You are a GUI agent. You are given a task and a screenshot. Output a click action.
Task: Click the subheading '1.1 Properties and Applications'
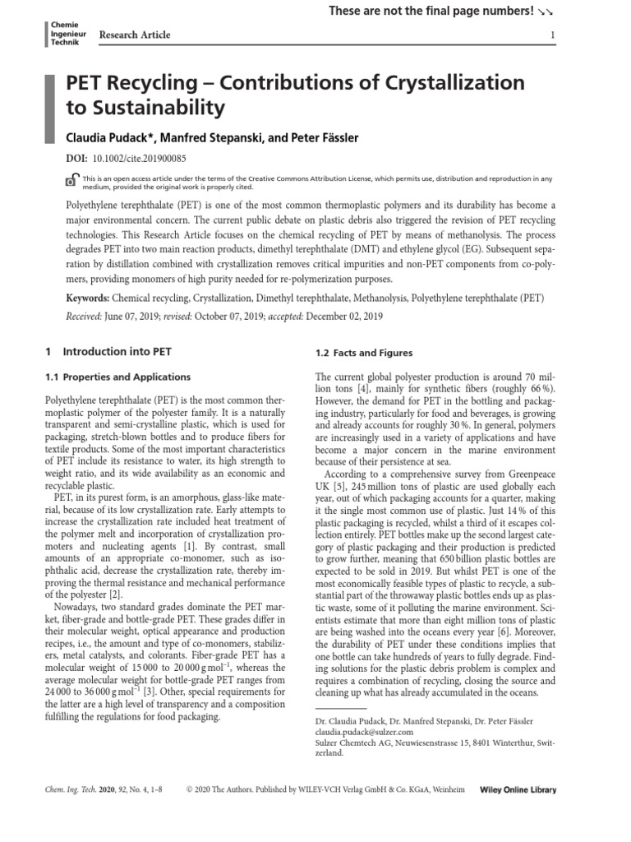tap(117, 377)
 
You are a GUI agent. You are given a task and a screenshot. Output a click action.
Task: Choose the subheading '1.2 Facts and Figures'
tap(364, 353)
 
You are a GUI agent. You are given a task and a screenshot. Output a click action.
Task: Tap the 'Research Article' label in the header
tap(135, 35)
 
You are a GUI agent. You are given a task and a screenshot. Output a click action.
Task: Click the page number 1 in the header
tap(553, 35)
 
